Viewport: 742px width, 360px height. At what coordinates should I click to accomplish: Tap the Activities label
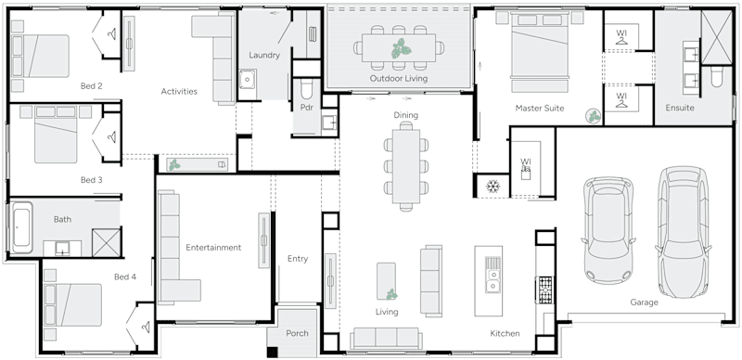pos(178,91)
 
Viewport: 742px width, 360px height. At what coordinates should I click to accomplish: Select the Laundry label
pos(264,55)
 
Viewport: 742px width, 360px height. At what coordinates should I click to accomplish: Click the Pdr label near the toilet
pos(307,107)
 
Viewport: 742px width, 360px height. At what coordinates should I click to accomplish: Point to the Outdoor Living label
pos(399,79)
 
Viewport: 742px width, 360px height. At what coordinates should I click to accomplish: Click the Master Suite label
pos(540,109)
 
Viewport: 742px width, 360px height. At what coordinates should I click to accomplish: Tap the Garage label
pos(644,302)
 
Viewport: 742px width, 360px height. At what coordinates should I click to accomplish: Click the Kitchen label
pos(505,333)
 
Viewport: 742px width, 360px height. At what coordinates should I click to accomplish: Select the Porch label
pos(297,334)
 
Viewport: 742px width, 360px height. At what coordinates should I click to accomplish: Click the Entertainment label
pos(213,248)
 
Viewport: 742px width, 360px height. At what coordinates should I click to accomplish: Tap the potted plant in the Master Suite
pos(591,116)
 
